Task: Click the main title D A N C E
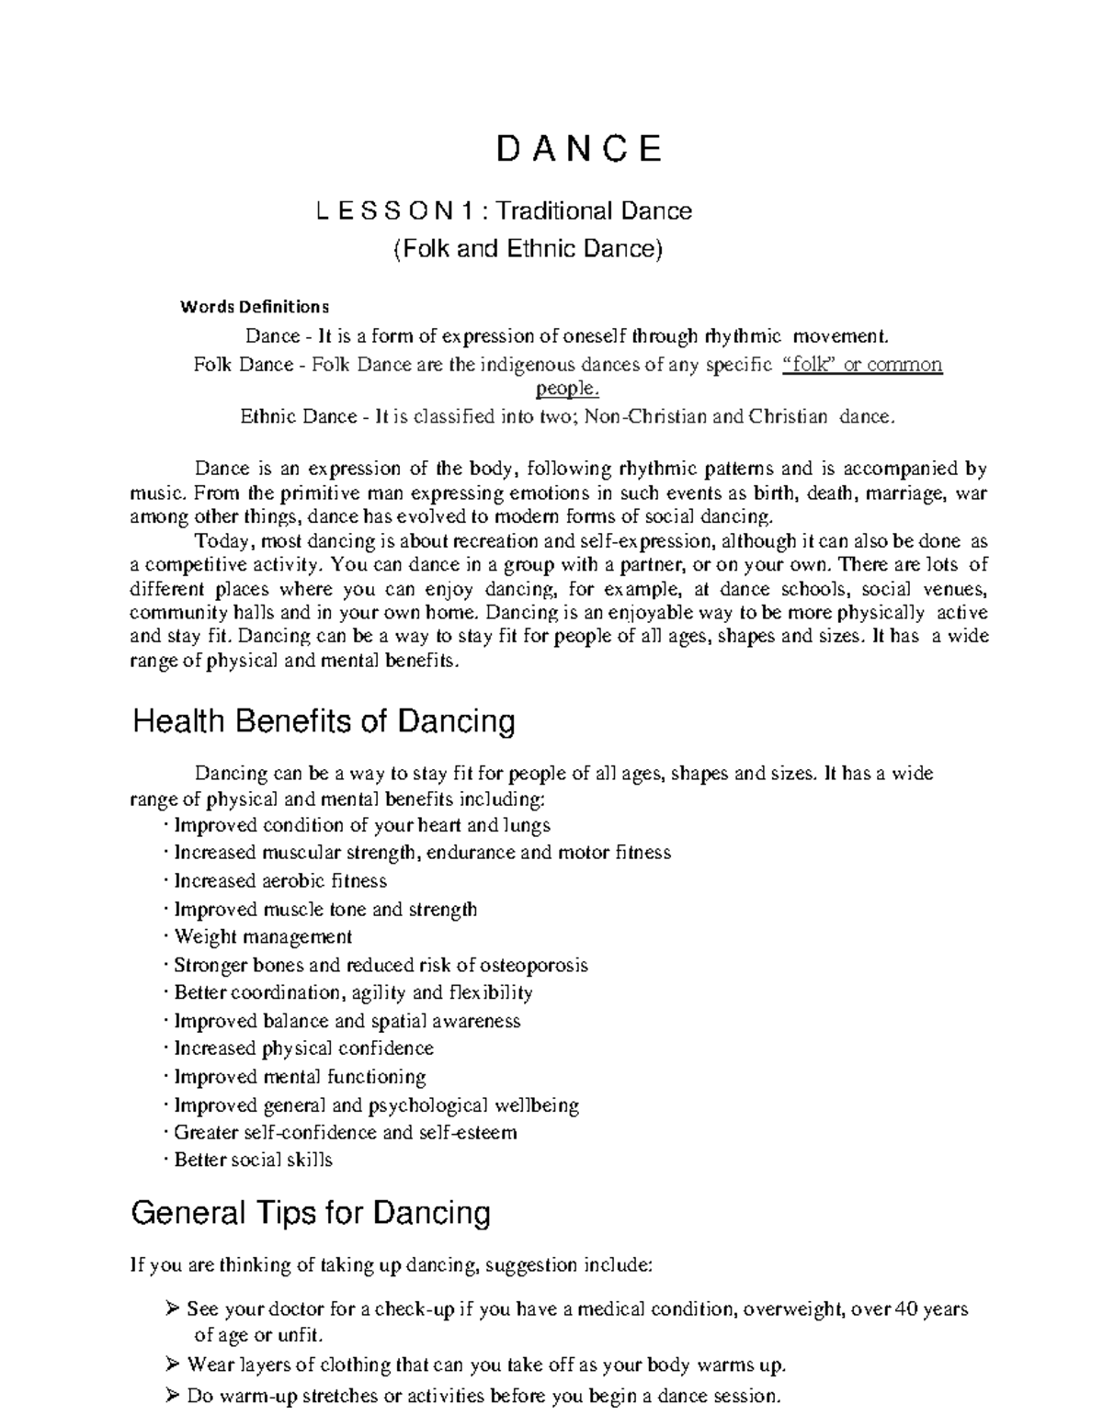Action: pos(578,149)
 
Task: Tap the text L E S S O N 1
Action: pos(394,211)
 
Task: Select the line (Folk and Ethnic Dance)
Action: pos(528,249)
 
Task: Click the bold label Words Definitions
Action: pos(254,306)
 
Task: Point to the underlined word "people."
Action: pos(567,389)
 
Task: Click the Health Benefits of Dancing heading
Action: pos(324,721)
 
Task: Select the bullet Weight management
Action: pos(263,937)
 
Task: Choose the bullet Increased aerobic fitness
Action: pos(280,881)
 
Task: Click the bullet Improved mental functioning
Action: pos(300,1077)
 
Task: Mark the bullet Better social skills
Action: pos(253,1161)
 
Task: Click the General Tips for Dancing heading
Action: pos(311,1214)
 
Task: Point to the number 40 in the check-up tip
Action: pos(907,1309)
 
